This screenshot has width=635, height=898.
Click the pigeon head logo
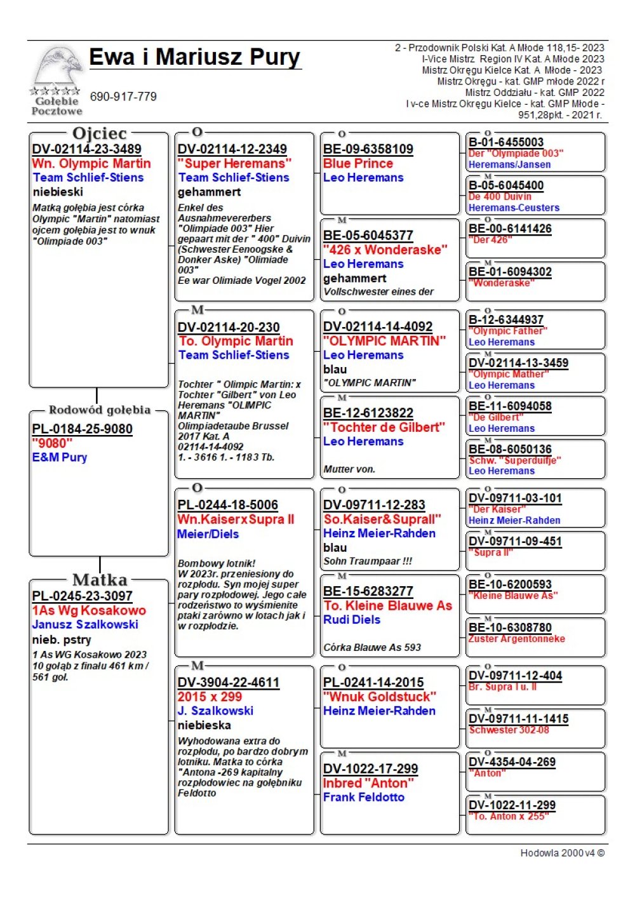(58, 67)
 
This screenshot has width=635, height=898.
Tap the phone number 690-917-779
(123, 97)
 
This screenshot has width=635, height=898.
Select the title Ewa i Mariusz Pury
(194, 57)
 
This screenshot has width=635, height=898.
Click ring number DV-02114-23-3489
(86, 149)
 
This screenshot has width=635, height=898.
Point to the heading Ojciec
(100, 133)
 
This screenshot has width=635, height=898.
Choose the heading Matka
(100, 580)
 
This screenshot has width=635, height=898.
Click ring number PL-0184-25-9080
(82, 429)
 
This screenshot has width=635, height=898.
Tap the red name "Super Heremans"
(234, 163)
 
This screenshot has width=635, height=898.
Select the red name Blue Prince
(358, 163)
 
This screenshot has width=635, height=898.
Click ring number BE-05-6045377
(368, 236)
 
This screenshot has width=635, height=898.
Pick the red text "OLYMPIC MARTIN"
(384, 341)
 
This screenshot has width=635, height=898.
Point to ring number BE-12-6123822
(368, 413)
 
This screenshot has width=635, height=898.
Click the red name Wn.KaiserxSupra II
(236, 519)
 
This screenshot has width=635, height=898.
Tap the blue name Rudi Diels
(352, 620)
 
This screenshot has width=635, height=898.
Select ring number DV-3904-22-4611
(229, 683)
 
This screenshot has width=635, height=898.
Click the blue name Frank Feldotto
(364, 797)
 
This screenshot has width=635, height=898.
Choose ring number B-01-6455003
(506, 142)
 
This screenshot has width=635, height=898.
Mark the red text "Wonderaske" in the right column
(502, 283)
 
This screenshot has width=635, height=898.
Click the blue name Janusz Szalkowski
(85, 624)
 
